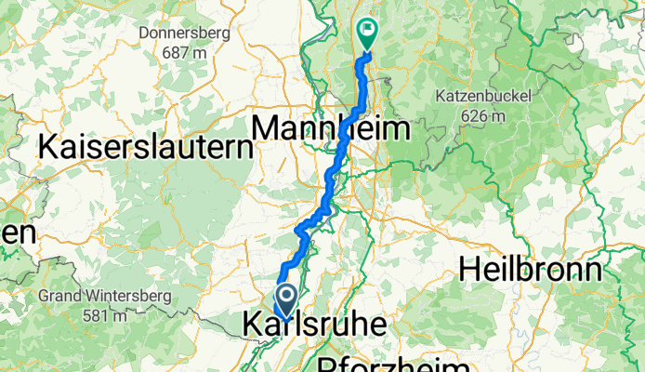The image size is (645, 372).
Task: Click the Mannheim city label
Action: pyautogui.click(x=331, y=127)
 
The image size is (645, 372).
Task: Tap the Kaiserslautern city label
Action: pyautogui.click(x=145, y=147)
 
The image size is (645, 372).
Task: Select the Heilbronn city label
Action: pyautogui.click(x=531, y=271)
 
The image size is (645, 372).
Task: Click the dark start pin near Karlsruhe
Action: pyautogui.click(x=284, y=300)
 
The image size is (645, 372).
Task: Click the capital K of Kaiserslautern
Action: pyautogui.click(x=48, y=147)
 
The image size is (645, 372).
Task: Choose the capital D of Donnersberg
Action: pyautogui.click(x=143, y=34)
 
